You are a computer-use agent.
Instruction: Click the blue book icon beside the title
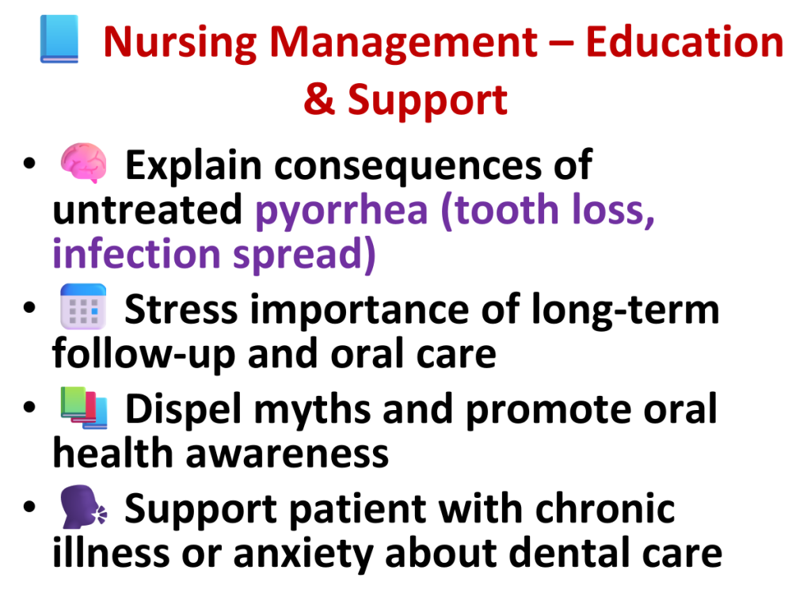click(x=59, y=40)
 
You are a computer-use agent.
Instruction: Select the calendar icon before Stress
click(x=83, y=306)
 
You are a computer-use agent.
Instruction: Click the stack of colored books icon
click(x=84, y=408)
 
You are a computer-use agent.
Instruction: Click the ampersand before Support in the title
click(x=320, y=99)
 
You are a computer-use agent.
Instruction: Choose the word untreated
click(x=147, y=209)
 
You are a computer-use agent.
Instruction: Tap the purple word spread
click(x=304, y=255)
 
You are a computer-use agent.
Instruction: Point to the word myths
click(x=312, y=410)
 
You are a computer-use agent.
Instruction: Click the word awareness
click(x=287, y=454)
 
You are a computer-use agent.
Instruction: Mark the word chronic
click(x=605, y=508)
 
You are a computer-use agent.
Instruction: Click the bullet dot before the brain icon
click(x=29, y=163)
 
